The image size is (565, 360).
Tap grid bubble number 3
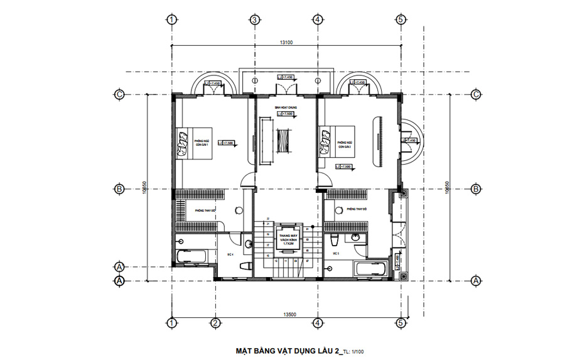(x=254, y=19)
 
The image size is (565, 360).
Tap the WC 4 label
(x=230, y=254)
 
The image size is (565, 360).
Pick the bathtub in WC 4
(x=191, y=256)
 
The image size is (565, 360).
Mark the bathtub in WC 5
(x=373, y=270)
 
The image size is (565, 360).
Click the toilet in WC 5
(x=335, y=239)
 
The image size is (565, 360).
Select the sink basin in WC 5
(x=355, y=237)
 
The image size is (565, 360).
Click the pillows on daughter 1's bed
(x=181, y=144)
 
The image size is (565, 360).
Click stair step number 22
(x=267, y=218)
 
